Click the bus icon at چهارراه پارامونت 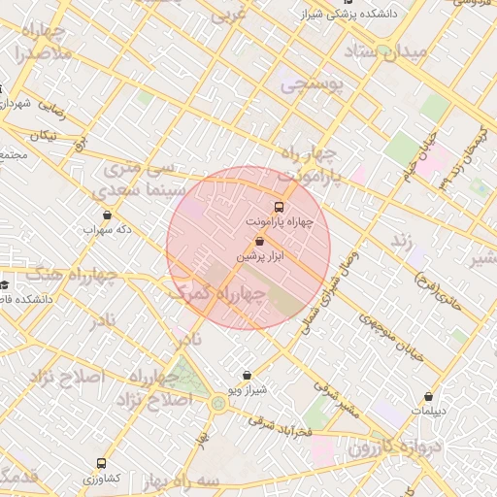click(280, 207)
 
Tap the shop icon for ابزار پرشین click(259, 241)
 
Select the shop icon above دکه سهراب click(107, 215)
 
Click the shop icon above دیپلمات click(428, 396)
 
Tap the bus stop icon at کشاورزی click(101, 464)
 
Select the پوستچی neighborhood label click(313, 85)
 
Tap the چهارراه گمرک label click(216, 295)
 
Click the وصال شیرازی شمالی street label click(326, 289)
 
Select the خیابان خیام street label click(416, 158)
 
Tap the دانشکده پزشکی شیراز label click(378, 15)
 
